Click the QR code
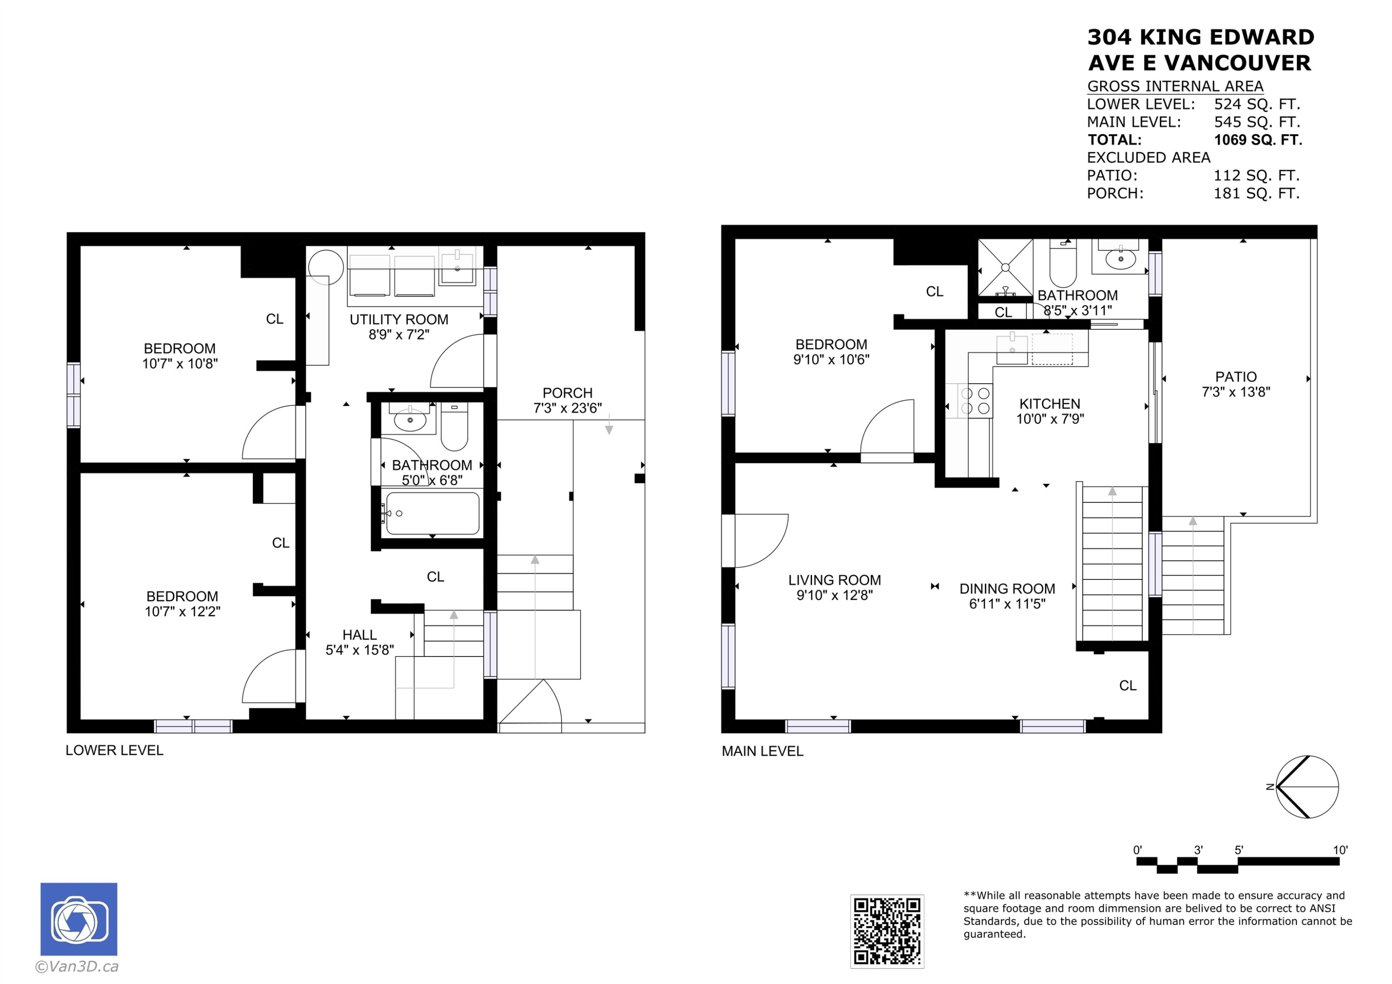pyautogui.click(x=887, y=931)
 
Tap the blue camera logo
pyautogui.click(x=79, y=919)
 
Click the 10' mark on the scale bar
pyautogui.click(x=1340, y=850)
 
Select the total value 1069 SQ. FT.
pyautogui.click(x=1258, y=140)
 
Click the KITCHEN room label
pyautogui.click(x=1050, y=404)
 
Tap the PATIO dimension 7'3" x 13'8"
pyautogui.click(x=1236, y=392)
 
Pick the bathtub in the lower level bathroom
pyautogui.click(x=432, y=514)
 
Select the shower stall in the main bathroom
pyautogui.click(x=1005, y=267)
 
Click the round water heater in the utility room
pyautogui.click(x=326, y=267)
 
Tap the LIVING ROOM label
pyautogui.click(x=834, y=580)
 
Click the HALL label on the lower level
pyautogui.click(x=360, y=635)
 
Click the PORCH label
pyautogui.click(x=567, y=393)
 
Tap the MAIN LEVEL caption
pyautogui.click(x=762, y=751)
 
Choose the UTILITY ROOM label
pyautogui.click(x=399, y=320)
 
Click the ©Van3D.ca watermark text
pyautogui.click(x=77, y=966)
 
